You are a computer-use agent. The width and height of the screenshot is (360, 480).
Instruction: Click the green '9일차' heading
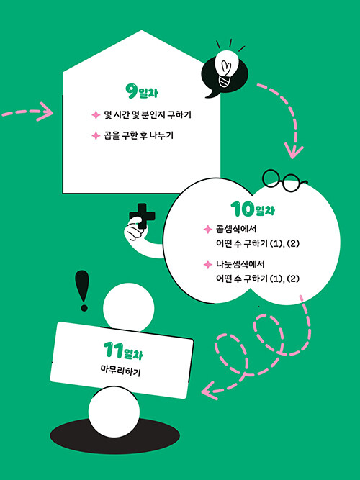click(x=142, y=91)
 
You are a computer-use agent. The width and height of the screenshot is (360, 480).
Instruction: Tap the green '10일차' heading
click(x=253, y=209)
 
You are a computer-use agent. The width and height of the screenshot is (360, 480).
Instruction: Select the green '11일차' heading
click(x=123, y=351)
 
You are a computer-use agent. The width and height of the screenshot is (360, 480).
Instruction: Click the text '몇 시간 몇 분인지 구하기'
click(x=148, y=115)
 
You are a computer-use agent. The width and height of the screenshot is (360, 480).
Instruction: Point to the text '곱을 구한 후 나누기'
click(x=138, y=135)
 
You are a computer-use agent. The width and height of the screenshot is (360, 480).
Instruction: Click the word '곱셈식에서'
click(x=236, y=230)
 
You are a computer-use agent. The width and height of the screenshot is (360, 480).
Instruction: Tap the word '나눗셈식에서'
click(x=240, y=264)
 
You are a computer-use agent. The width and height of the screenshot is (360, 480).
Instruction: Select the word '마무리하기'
click(x=120, y=372)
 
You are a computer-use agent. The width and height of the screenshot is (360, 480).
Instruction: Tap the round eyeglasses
click(x=284, y=181)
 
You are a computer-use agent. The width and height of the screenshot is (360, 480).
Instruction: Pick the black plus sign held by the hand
click(x=142, y=216)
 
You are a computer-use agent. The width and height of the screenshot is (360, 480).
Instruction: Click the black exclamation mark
click(x=83, y=291)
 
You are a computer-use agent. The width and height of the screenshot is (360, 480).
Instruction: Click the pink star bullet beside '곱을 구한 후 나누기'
click(x=96, y=135)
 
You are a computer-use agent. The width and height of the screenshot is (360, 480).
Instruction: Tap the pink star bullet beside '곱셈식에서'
click(x=208, y=230)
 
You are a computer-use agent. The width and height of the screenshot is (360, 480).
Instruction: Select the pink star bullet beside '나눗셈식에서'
click(x=208, y=265)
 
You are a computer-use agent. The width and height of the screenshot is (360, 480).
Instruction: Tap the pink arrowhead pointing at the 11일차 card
click(x=210, y=391)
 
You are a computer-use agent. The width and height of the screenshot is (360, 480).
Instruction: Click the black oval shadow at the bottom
click(x=115, y=436)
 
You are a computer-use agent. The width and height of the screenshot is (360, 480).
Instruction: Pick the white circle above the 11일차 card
click(x=128, y=308)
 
